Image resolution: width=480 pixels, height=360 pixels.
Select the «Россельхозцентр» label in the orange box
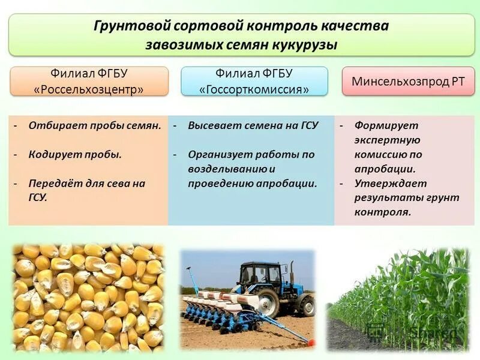[89, 89]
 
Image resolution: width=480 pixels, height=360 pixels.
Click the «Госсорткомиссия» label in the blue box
[254, 89]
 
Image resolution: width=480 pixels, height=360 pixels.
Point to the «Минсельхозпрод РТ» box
[408, 82]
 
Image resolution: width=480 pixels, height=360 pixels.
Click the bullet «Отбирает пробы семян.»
[95, 125]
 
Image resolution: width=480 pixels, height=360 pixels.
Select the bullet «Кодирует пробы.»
[75, 154]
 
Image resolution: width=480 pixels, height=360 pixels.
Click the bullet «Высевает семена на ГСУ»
[253, 125]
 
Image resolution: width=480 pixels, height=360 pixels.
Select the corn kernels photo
[88, 296]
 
